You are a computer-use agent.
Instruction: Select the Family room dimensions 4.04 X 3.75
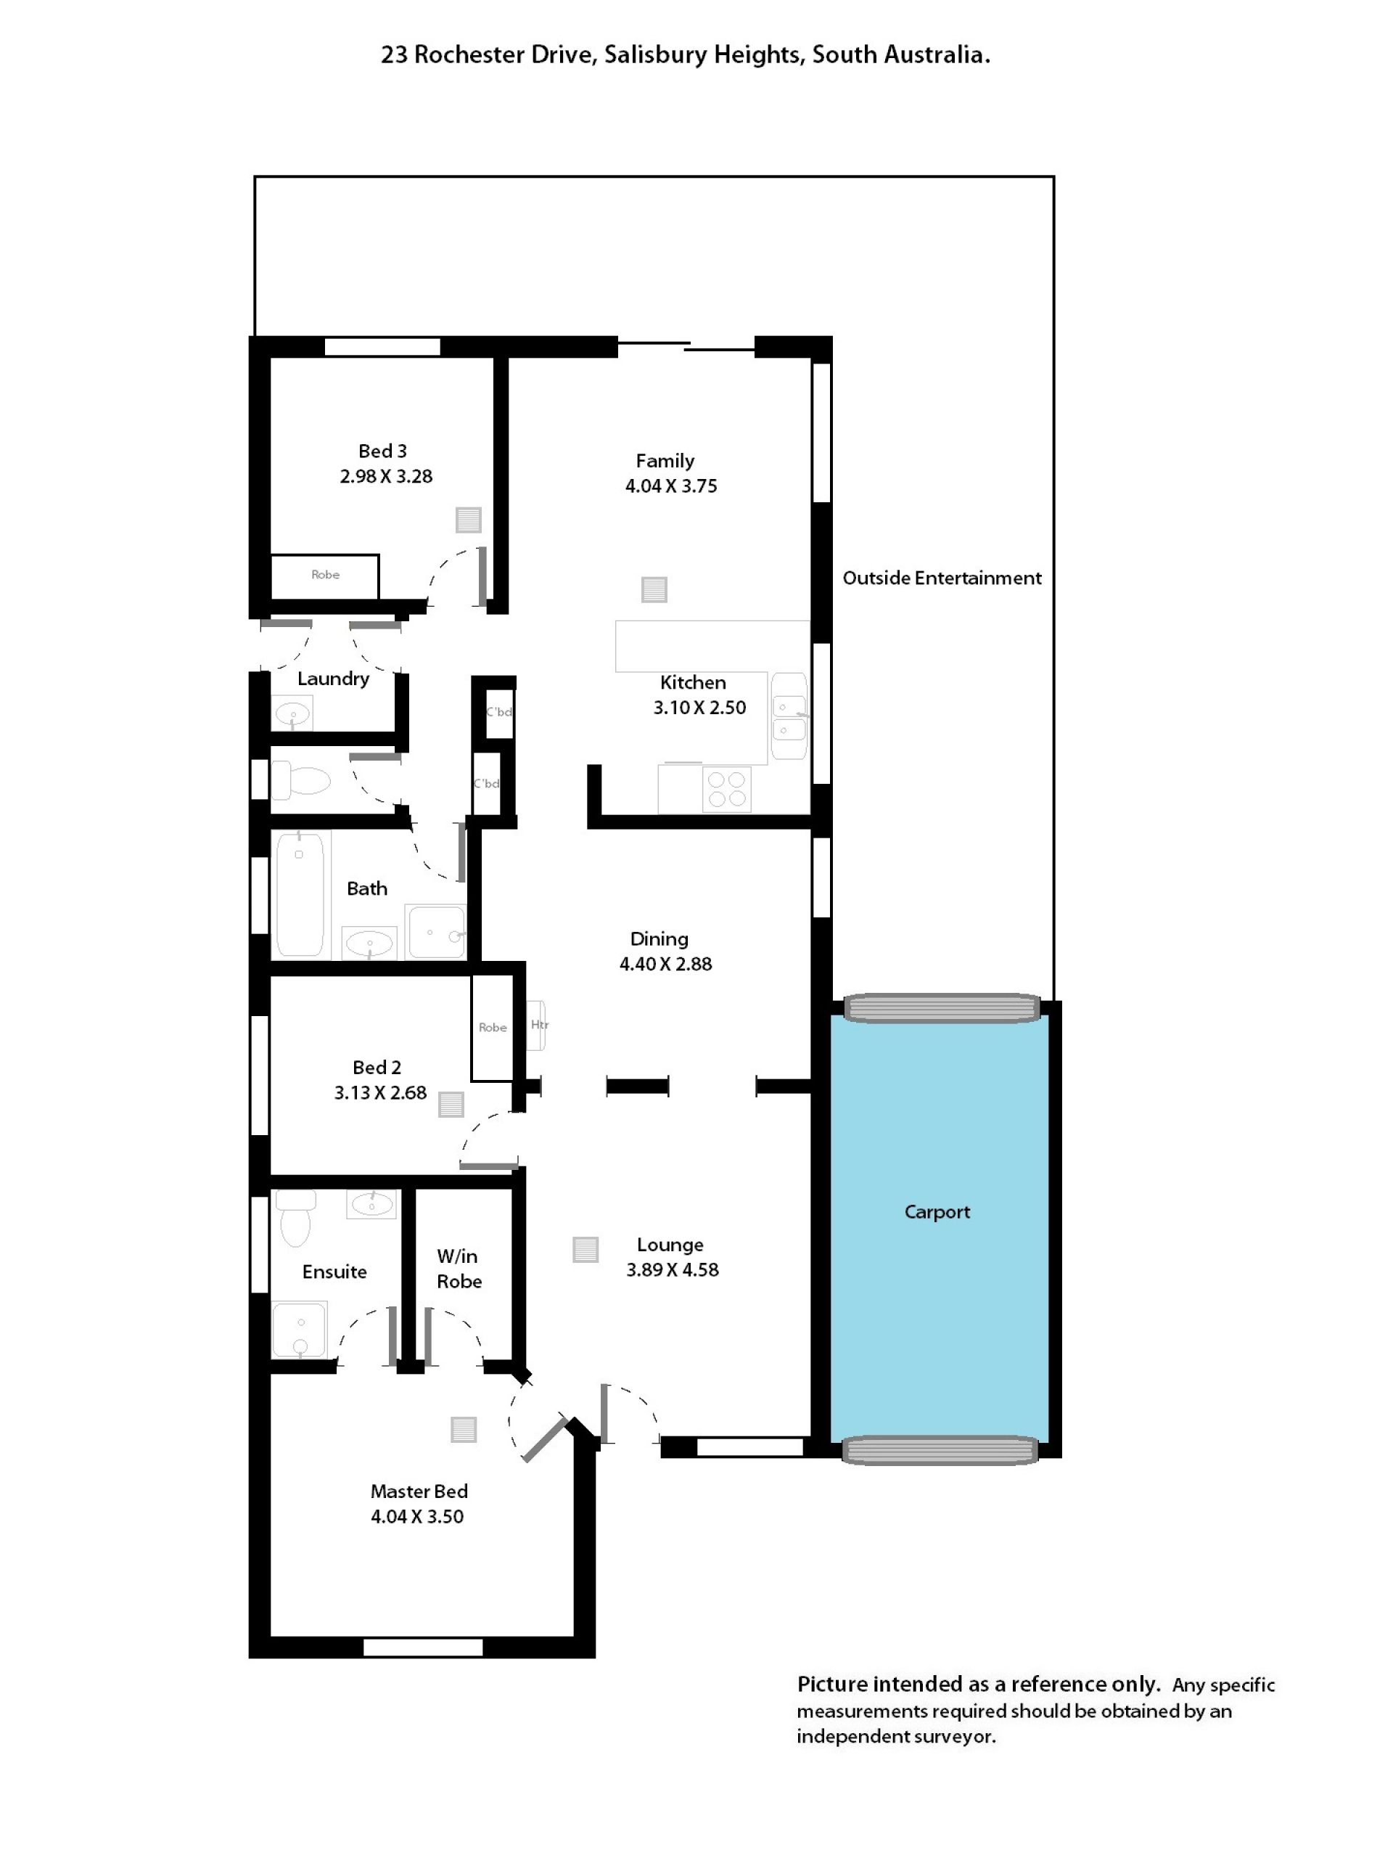[x=671, y=486]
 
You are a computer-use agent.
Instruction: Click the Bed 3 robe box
[x=324, y=576]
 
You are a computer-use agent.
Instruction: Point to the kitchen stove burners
[x=726, y=789]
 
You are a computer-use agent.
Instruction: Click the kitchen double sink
[x=789, y=716]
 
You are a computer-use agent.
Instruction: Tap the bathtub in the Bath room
[x=300, y=895]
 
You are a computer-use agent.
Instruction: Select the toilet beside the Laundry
[x=300, y=779]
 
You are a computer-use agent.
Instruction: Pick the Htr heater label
[x=539, y=1025]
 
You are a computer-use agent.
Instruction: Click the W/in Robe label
[x=459, y=1269]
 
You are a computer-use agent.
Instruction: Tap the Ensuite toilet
[x=295, y=1218]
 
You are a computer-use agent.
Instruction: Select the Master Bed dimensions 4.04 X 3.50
[x=417, y=1516]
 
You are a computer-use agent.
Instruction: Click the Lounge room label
[x=670, y=1244]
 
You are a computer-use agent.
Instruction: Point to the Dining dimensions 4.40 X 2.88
[x=666, y=965]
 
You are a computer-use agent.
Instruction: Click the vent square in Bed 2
[x=451, y=1104]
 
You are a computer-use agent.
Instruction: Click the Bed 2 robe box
[x=492, y=1027]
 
